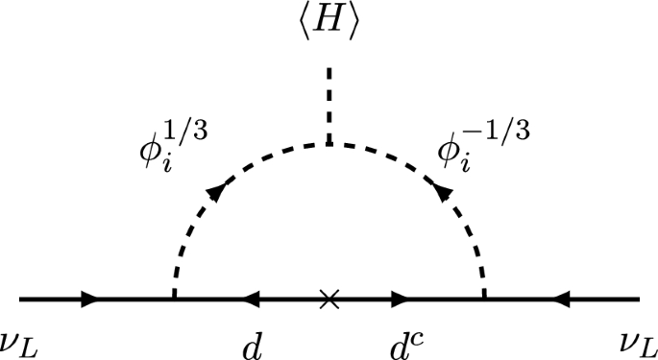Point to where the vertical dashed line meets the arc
pyautogui.click(x=329, y=144)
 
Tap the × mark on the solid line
pyautogui.click(x=329, y=300)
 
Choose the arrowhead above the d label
pyautogui.click(x=254, y=300)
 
